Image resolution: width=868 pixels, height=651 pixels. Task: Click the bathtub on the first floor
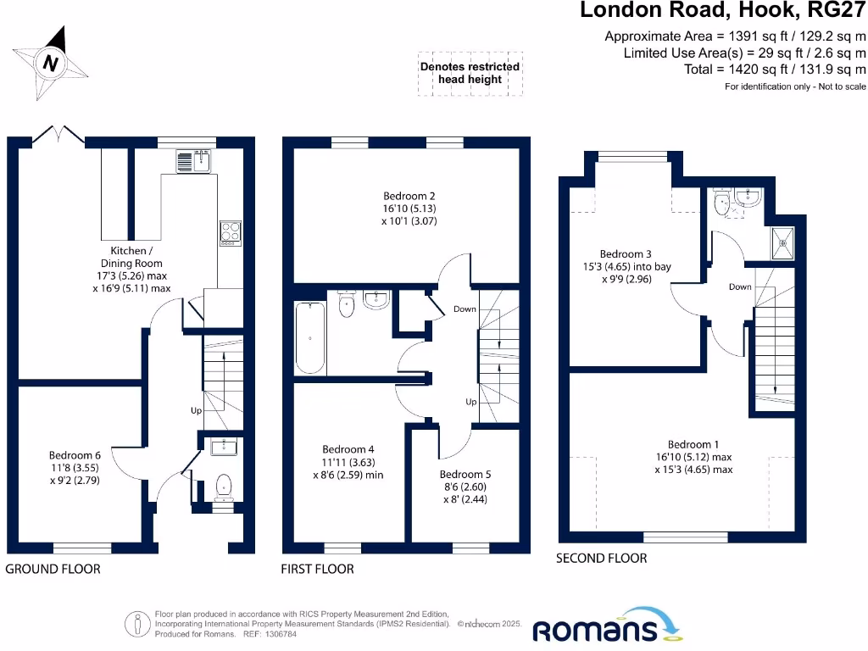tap(311, 338)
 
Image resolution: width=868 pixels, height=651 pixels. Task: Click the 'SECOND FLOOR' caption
tap(601, 558)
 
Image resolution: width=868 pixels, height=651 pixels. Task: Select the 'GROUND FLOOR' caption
tap(53, 569)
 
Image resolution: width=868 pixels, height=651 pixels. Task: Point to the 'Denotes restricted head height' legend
tap(470, 73)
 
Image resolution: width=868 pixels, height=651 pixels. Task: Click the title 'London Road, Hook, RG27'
tap(723, 11)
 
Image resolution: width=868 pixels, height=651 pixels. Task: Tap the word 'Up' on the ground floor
tap(196, 410)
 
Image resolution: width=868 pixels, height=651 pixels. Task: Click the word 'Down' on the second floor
tap(740, 287)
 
